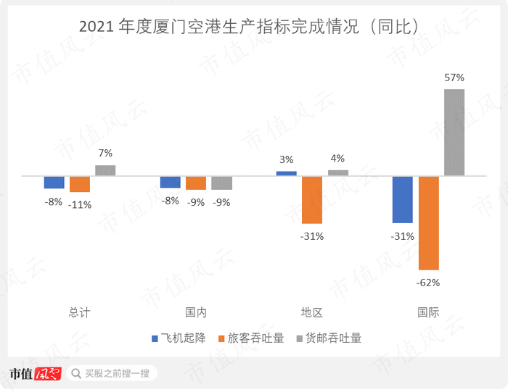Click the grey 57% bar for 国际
coord(454,132)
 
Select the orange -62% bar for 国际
coord(428,222)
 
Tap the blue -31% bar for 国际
coord(403,199)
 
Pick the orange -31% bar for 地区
coord(312,199)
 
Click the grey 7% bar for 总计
coord(105,170)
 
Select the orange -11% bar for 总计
coord(80,184)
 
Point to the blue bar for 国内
coord(171,182)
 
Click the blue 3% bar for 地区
coord(287,173)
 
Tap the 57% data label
coord(454,77)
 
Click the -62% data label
coord(428,283)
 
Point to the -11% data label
coord(80,204)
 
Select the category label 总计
coord(80,312)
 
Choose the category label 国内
coord(196,312)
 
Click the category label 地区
coord(312,312)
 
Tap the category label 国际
coord(428,312)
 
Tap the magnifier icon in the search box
coord(76,374)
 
